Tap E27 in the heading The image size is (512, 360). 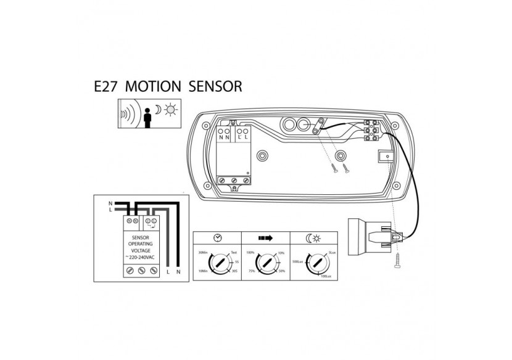point(104,86)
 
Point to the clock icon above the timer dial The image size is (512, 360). point(217,238)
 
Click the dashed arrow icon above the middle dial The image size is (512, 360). point(263,238)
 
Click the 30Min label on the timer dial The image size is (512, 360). point(202,253)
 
